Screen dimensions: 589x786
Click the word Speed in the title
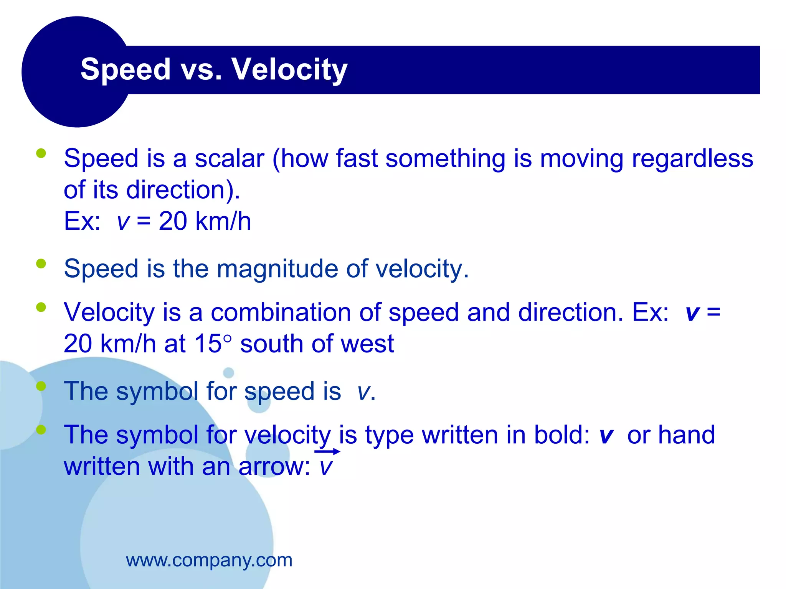point(125,69)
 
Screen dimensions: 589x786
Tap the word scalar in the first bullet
point(229,159)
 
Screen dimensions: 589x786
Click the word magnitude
point(277,269)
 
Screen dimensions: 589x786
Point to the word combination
point(281,312)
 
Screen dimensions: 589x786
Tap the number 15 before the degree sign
point(208,344)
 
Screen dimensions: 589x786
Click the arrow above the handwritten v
point(327,452)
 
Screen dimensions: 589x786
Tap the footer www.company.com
point(209,560)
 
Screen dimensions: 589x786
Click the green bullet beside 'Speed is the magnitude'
point(41,264)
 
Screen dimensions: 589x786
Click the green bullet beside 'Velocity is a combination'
point(41,307)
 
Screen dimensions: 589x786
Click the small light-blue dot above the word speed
point(228,372)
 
